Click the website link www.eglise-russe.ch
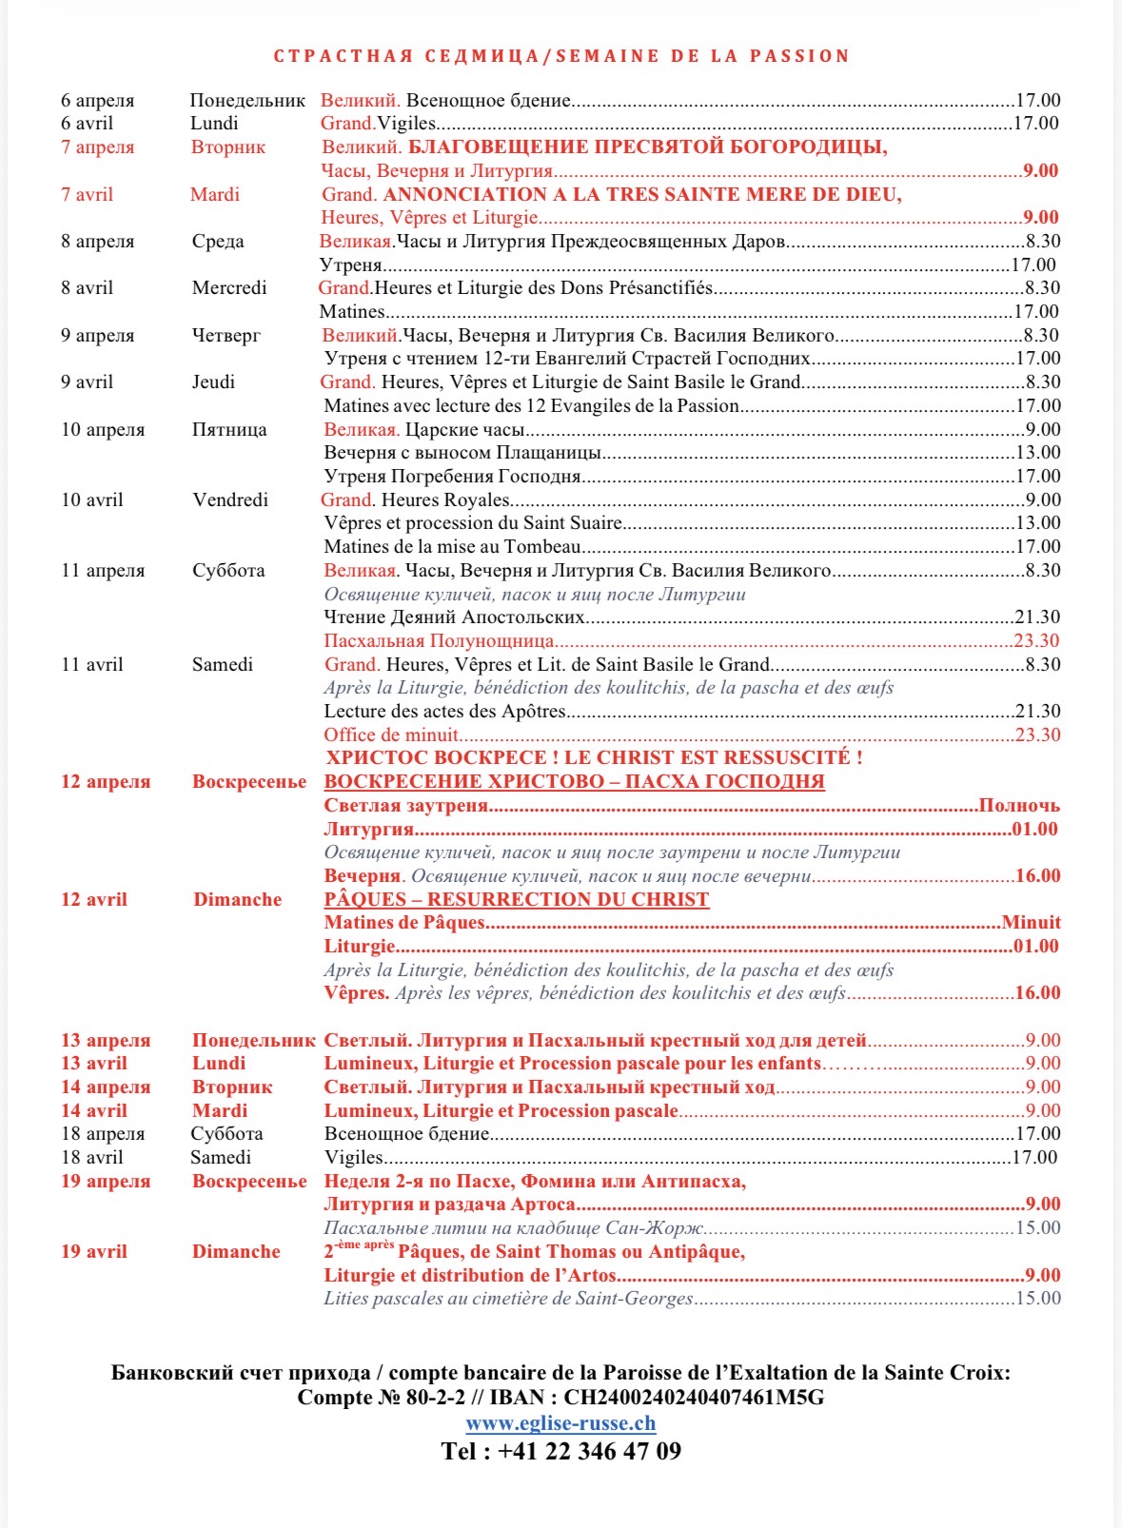pos(561,1423)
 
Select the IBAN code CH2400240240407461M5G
pos(694,1397)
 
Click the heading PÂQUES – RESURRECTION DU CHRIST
pos(516,899)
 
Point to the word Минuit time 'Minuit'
pos(1031,922)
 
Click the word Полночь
pos(1019,805)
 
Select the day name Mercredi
pos(229,287)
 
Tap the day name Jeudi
pos(213,382)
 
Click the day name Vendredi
pos(230,500)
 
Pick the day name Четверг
pos(226,335)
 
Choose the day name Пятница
pos(229,429)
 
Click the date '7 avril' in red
pos(87,194)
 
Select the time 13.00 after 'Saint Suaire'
pos(1037,522)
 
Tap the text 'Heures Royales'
pos(445,500)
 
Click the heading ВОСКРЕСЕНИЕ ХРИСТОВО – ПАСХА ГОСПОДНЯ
pos(574,781)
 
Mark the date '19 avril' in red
pos(93,1251)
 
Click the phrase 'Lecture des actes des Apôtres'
pos(444,711)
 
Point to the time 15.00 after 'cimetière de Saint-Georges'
pos(1037,1298)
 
